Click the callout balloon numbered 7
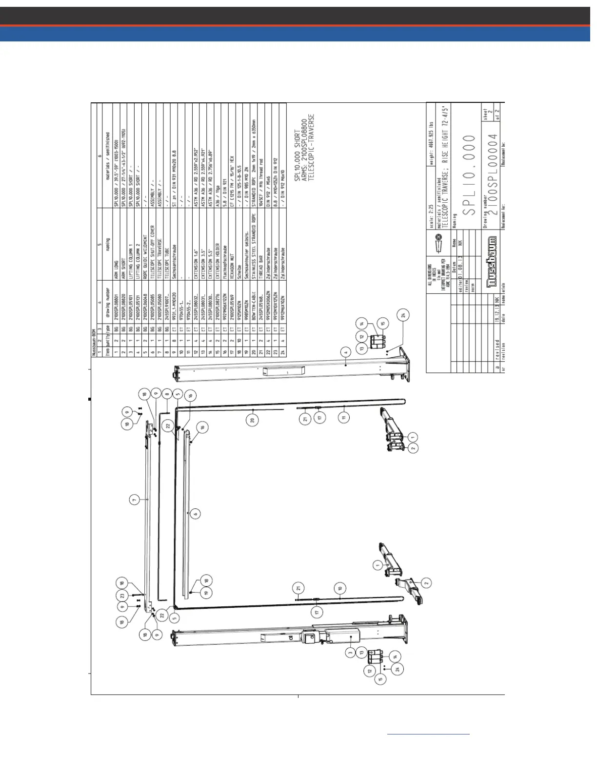point(134,499)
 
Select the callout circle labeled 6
point(195,513)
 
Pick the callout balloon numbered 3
point(350,652)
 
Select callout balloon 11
point(345,418)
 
